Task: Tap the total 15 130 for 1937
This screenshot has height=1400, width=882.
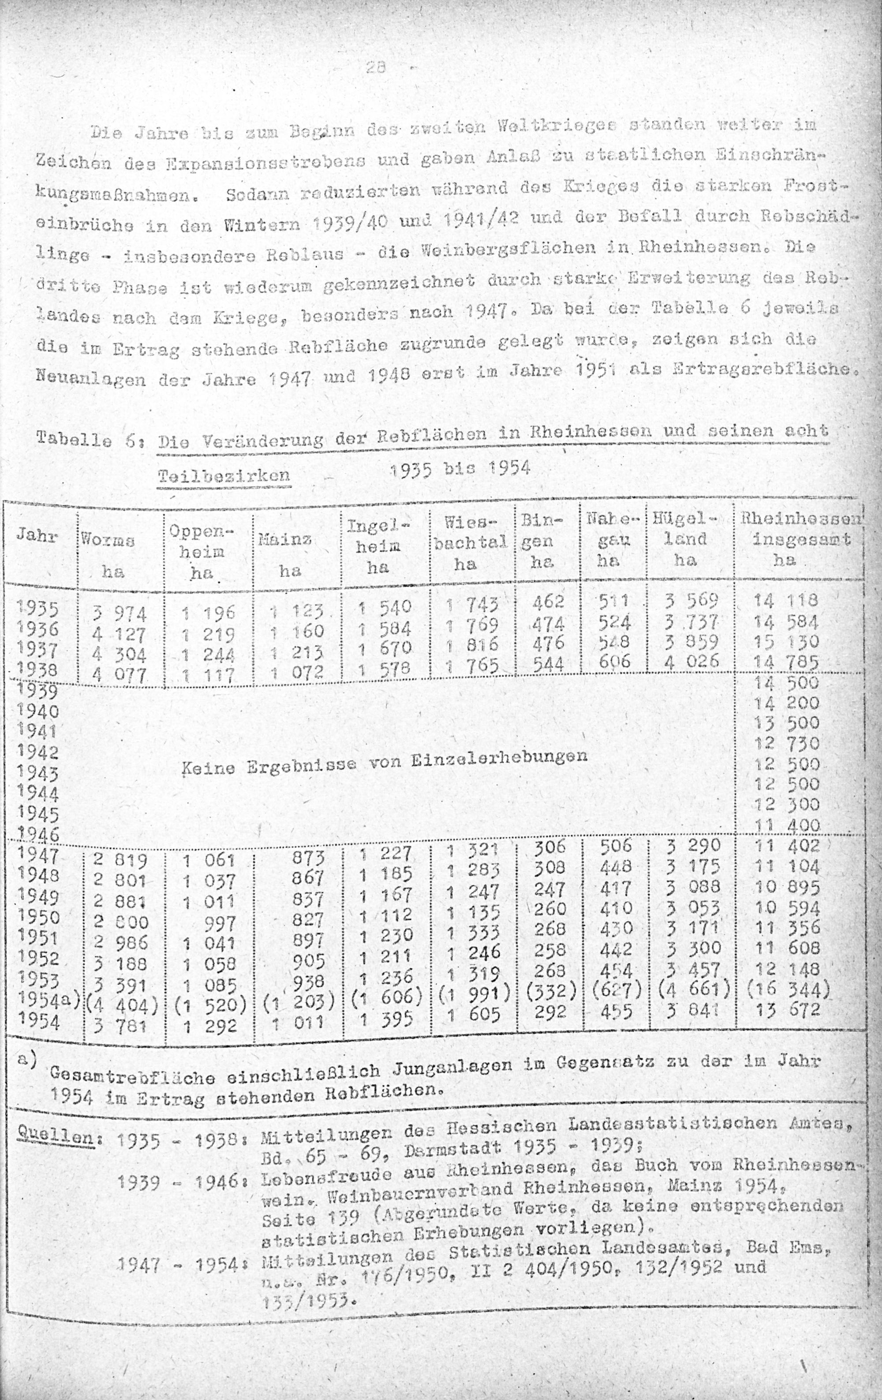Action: [x=786, y=642]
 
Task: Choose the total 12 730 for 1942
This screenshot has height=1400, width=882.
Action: [x=786, y=743]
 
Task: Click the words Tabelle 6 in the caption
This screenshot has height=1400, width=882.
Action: [x=87, y=438]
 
